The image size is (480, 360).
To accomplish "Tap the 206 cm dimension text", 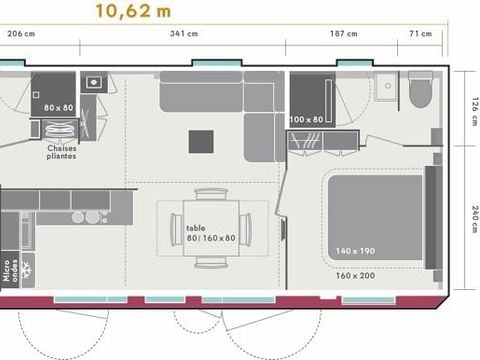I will (x=22, y=34).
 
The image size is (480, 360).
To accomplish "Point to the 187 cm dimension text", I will (x=343, y=34).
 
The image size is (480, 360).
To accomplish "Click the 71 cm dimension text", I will (x=420, y=34).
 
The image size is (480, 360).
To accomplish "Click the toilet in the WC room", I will (x=418, y=92).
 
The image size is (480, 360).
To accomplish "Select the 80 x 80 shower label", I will (x=58, y=107).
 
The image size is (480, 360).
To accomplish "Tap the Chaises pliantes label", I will (x=62, y=152).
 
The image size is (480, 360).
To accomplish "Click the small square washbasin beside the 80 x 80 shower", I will (x=93, y=81).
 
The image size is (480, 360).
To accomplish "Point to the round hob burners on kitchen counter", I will (x=84, y=216).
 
